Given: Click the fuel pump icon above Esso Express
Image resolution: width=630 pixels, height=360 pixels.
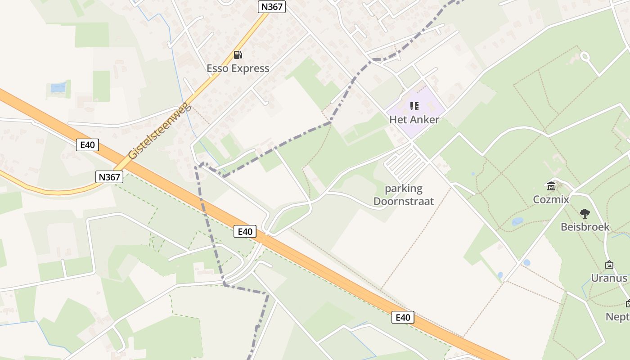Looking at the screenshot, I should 238,55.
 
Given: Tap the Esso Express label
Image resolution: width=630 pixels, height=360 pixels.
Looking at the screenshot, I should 238,68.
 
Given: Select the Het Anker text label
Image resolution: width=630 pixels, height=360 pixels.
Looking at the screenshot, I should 414,120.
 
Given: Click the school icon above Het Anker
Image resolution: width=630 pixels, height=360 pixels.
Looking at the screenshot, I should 414,106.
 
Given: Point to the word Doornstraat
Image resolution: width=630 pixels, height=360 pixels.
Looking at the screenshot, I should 403,201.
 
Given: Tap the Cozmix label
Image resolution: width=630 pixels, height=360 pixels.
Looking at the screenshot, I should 551,199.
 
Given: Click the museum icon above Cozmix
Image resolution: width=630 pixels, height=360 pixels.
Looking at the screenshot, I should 551,185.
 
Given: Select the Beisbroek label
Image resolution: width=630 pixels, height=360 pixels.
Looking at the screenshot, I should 585,227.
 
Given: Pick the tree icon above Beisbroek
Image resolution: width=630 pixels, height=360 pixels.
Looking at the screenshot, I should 585,213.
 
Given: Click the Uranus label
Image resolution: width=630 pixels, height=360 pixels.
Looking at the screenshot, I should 609,278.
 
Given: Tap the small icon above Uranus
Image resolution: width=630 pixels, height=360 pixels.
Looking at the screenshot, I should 609,265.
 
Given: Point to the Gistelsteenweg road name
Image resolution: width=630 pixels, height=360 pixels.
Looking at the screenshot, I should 160,131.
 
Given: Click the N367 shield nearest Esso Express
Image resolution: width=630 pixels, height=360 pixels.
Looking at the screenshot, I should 272,6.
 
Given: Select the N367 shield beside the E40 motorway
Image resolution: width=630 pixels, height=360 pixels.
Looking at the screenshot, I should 110,177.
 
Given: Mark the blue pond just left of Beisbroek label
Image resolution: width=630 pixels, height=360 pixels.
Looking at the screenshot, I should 517,221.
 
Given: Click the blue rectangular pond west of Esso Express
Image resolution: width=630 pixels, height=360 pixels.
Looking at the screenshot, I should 58,88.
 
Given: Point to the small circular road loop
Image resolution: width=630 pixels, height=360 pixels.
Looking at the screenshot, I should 585,57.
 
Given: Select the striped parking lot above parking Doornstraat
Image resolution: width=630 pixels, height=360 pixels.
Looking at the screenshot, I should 405,164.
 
